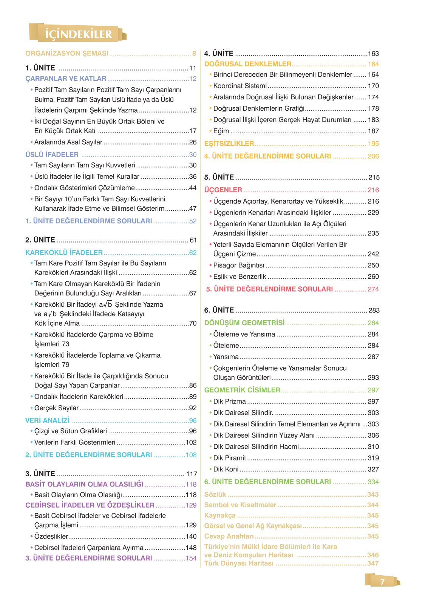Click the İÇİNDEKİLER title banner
pyautogui.click(x=78, y=34)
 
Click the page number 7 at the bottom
pyautogui.click(x=382, y=582)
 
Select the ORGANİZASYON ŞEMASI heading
pyautogui.click(x=67, y=54)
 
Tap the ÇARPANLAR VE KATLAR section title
pyautogui.click(x=66, y=79)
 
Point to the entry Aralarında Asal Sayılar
pyautogui.click(x=68, y=142)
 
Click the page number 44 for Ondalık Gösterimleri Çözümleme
pyautogui.click(x=193, y=188)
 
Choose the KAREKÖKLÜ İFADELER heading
pyautogui.click(x=64, y=253)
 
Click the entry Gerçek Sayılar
pyautogui.click(x=56, y=408)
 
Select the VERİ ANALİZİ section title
pyautogui.click(x=47, y=420)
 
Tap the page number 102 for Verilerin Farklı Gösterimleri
pyautogui.click(x=191, y=442)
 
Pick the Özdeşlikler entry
pyautogui.click(x=51, y=536)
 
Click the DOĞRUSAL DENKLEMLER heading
pyautogui.click(x=248, y=64)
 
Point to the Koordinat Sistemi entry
pyautogui.click(x=240, y=86)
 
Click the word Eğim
pyautogui.click(x=221, y=131)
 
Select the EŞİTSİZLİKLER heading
pyautogui.click(x=229, y=144)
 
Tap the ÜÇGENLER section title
pyautogui.click(x=223, y=190)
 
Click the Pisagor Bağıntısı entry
pyautogui.click(x=238, y=266)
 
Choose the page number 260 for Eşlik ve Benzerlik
pyautogui.click(x=373, y=277)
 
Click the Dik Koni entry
pyautogui.click(x=226, y=469)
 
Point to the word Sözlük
pyautogui.click(x=215, y=494)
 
